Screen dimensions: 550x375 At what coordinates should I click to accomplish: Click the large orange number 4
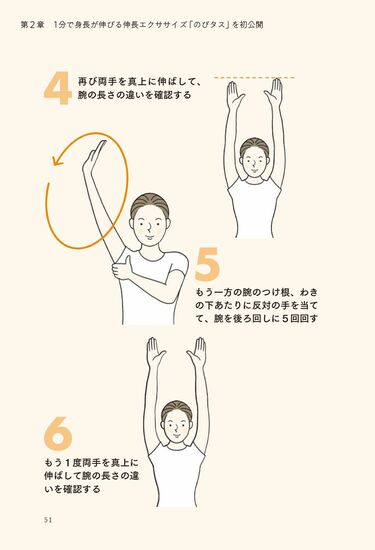click(57, 89)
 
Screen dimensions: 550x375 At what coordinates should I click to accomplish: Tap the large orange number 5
click(207, 266)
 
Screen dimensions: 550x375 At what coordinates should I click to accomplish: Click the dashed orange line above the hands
click(254, 77)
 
